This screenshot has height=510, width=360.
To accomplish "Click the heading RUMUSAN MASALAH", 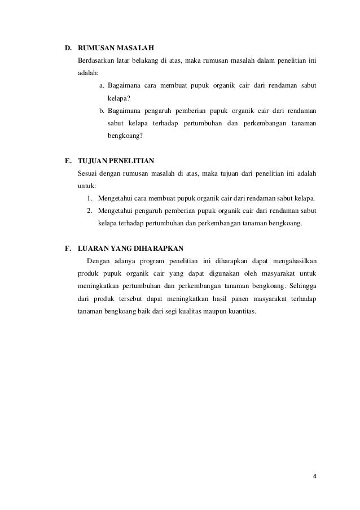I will point(116,46).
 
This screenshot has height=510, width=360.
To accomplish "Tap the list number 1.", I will point(90,198).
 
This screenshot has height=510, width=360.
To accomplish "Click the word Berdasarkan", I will point(96,60).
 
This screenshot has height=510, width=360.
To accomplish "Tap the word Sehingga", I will point(304,285).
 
